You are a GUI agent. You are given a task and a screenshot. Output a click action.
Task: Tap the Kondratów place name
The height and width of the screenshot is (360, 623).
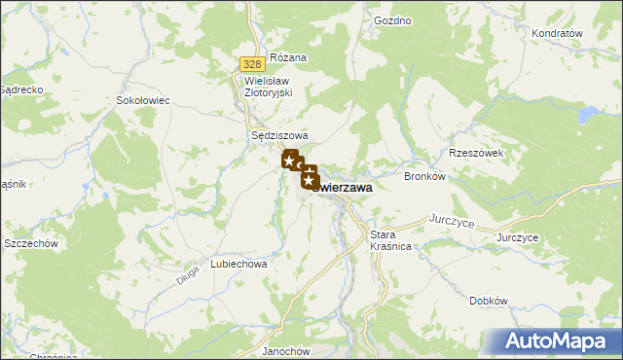click(x=557, y=33)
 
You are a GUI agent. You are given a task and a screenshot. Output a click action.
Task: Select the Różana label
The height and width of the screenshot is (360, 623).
click(x=288, y=57)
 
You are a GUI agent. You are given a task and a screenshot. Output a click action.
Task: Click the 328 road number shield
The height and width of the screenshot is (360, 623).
click(x=249, y=63)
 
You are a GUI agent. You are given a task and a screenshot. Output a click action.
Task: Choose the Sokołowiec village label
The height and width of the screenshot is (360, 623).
click(x=143, y=100)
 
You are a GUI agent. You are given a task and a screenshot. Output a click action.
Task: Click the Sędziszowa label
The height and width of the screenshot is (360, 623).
click(x=279, y=136)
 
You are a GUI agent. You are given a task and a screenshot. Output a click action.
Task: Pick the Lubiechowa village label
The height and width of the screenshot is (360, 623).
click(x=238, y=264)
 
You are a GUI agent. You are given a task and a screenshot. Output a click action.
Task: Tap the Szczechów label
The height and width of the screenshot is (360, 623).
click(x=33, y=243)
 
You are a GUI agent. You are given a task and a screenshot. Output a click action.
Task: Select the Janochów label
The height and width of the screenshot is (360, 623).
click(x=286, y=351)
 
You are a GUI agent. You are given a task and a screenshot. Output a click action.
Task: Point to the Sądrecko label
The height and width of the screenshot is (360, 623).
click(x=19, y=89)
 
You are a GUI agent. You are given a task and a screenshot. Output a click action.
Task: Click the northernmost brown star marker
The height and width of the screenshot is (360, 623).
click(x=289, y=159)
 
